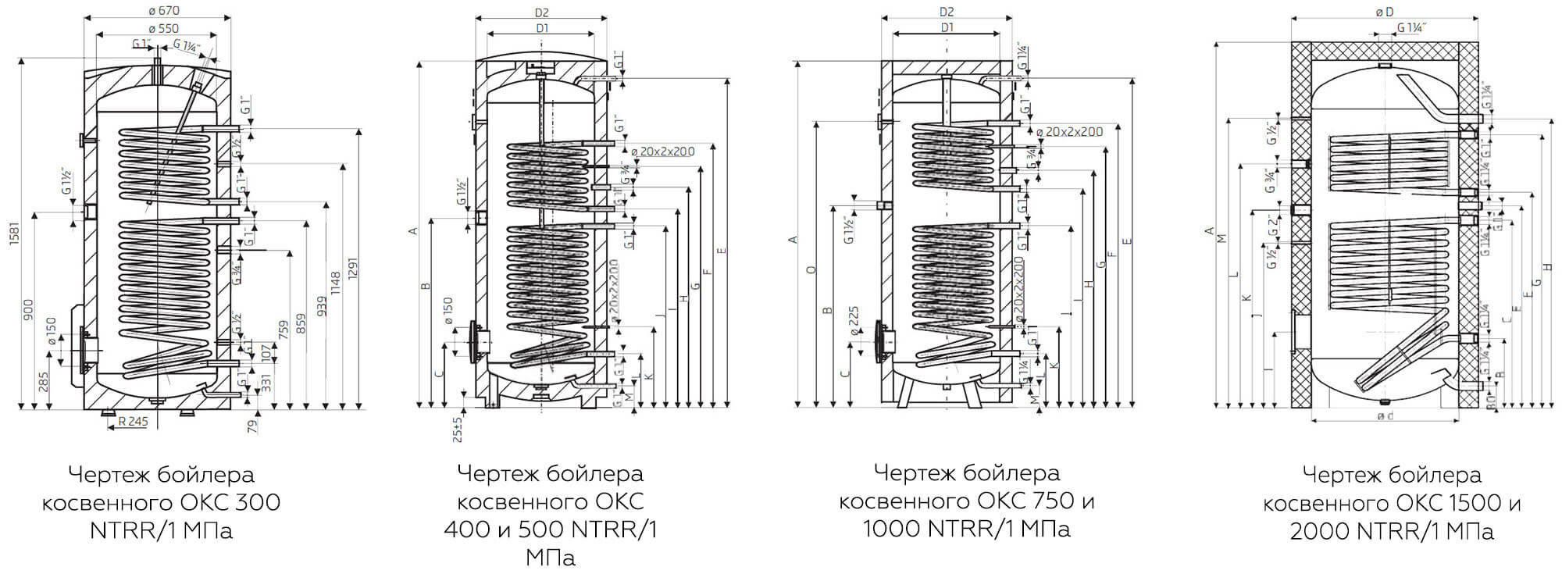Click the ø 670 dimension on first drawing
[162, 10]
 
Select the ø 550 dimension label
[162, 28]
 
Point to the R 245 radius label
[133, 422]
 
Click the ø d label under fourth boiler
[1385, 416]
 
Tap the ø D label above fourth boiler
[1384, 12]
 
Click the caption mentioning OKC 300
[162, 502]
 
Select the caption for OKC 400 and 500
[551, 515]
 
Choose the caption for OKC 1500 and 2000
[1392, 503]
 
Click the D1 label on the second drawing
[542, 28]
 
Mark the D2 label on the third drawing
[947, 12]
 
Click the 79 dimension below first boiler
[252, 426]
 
